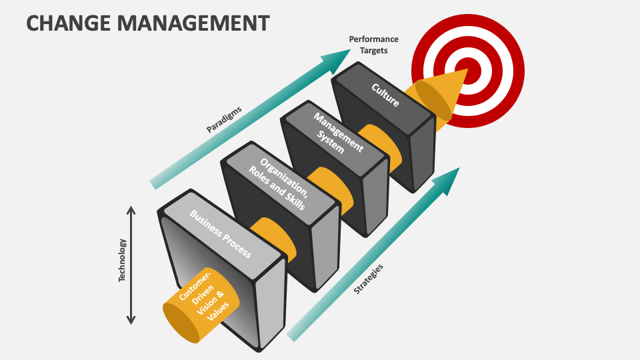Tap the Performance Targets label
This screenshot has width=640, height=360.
tap(373, 45)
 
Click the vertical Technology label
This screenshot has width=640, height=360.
tap(122, 260)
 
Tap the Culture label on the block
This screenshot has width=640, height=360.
tap(385, 95)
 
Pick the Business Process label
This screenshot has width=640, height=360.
tap(220, 234)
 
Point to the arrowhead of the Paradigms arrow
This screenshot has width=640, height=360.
tap(331, 61)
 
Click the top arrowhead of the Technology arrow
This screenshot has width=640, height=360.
tap(131, 210)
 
